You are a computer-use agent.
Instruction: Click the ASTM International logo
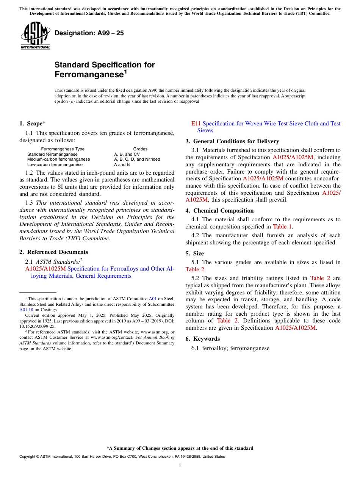35,35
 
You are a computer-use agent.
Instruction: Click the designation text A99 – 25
89,33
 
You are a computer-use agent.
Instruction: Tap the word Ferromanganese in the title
89,75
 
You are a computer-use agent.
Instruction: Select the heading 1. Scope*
33,124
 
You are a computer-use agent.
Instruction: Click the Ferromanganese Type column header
63,149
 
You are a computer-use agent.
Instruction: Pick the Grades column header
140,149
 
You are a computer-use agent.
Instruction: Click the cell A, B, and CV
127,154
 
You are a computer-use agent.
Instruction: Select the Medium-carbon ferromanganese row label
58,159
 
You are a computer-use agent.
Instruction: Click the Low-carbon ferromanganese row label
55,164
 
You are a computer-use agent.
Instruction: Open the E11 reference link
196,124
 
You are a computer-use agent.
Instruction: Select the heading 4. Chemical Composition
219,211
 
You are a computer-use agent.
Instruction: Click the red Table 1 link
282,227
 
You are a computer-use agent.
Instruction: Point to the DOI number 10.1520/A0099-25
37,326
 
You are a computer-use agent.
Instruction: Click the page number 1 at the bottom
180,465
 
